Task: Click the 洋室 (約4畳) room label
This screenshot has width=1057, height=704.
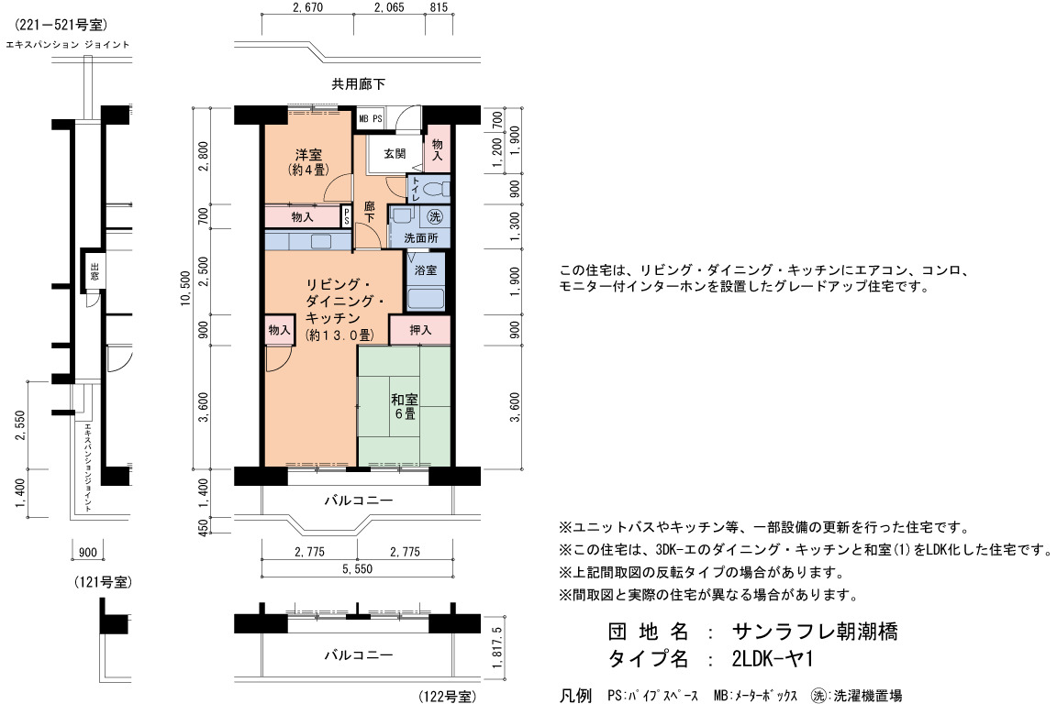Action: [308, 161]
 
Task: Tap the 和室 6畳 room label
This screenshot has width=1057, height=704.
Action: [405, 406]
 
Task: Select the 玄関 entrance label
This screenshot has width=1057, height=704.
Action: [395, 154]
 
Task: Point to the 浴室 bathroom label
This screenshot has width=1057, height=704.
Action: [426, 269]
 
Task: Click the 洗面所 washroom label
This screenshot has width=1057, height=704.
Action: [420, 237]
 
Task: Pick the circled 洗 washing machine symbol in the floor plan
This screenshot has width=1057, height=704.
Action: [435, 216]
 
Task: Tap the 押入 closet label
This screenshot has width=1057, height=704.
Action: [420, 329]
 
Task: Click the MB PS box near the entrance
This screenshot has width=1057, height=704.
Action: [370, 118]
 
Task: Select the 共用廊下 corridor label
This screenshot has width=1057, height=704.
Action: [359, 84]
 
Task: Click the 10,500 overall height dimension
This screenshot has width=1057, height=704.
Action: [186, 289]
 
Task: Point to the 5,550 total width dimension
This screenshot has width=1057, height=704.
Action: [357, 568]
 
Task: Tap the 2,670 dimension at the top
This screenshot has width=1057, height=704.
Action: [308, 7]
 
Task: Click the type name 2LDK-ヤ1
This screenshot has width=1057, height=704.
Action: [773, 658]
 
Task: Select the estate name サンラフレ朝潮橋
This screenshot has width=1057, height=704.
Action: [815, 632]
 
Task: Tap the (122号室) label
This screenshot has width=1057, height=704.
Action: [448, 696]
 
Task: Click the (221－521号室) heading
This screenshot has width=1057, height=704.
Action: [61, 25]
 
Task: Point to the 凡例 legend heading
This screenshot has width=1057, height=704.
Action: [575, 695]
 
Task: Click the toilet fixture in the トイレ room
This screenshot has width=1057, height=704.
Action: [437, 189]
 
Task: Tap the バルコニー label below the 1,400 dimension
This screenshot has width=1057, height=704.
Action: [359, 500]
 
